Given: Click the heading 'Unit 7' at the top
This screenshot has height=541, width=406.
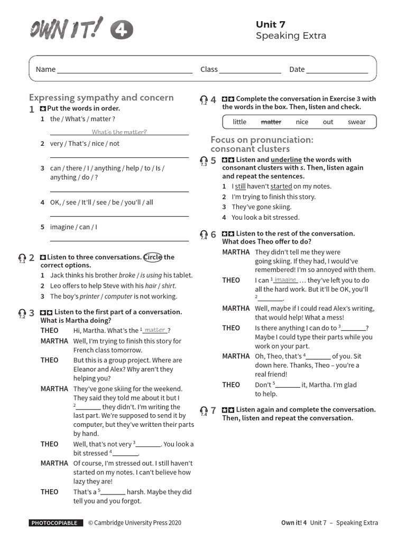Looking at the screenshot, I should (270, 24).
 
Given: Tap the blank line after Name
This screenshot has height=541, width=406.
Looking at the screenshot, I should (125, 70).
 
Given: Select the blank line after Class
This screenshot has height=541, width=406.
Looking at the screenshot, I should (250, 70).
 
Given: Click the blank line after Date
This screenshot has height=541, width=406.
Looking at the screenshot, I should (337, 70).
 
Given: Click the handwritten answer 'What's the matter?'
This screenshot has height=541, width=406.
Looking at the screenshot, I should (119, 132).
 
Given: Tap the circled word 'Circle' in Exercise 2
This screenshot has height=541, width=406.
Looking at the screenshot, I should (153, 257).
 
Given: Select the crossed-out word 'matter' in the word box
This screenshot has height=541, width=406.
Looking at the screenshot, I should (271, 122).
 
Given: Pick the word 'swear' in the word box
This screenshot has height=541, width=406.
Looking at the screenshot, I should (356, 122).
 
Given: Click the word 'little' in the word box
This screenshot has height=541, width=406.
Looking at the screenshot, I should (239, 122).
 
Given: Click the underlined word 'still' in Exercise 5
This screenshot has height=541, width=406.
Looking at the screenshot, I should (241, 186).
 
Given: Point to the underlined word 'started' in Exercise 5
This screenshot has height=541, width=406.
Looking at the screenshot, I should (281, 186).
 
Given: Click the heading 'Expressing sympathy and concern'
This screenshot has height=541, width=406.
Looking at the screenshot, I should (101, 98).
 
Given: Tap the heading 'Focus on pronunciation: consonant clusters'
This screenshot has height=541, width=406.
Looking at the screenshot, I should (262, 144).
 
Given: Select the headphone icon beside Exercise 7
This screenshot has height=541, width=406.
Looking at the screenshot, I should (204, 411).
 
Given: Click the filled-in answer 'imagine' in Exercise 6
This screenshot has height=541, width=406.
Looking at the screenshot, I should (285, 279).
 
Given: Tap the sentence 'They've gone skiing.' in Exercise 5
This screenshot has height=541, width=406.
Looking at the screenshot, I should (261, 207).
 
